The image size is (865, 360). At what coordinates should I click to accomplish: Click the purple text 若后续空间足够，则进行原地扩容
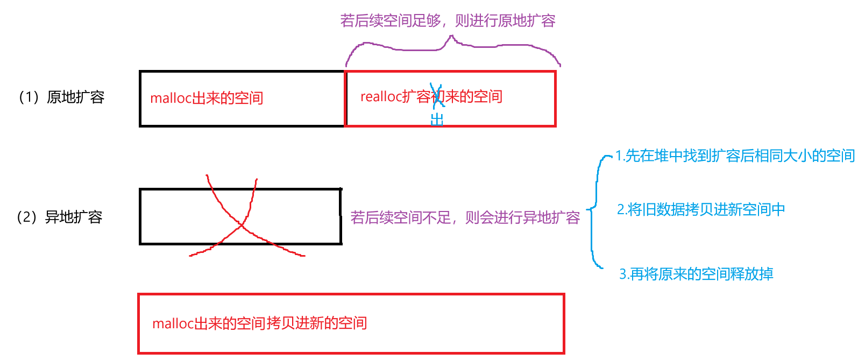448,21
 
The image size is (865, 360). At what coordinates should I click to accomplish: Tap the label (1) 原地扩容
61,97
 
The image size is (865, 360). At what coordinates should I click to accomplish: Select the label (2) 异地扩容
59,217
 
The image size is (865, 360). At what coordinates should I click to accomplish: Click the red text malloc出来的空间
207,98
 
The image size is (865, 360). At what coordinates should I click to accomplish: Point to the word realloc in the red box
381,97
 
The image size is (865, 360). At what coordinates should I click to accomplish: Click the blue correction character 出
437,119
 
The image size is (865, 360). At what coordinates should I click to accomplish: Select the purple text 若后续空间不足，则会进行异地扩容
465,217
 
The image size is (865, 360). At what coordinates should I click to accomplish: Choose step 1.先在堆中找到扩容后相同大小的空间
735,156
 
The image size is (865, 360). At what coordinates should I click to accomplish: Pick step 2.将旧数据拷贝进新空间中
701,209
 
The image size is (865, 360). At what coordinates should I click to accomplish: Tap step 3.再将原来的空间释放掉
696,274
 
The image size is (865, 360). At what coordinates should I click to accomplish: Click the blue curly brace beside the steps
593,210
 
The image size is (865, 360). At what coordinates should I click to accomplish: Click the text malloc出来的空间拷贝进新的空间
260,323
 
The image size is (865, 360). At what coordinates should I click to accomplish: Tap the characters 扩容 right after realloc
416,97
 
